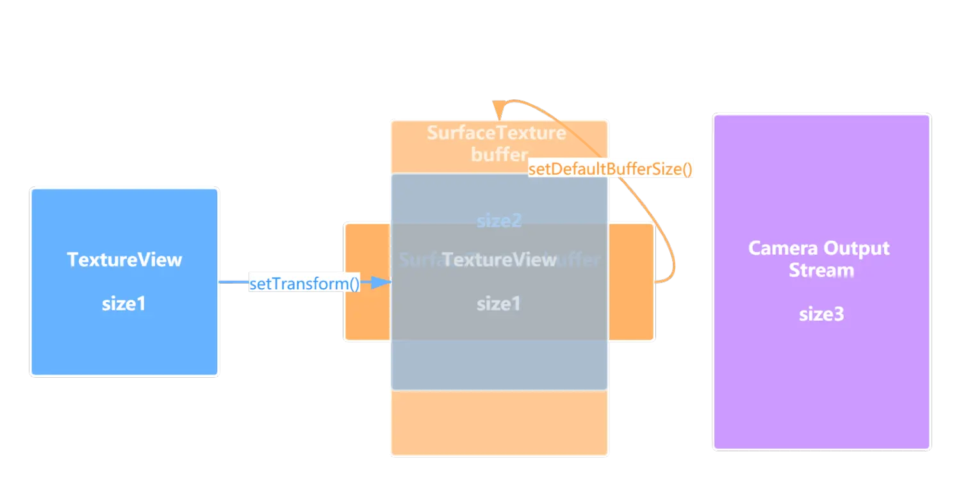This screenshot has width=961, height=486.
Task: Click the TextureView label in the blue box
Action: pyautogui.click(x=124, y=259)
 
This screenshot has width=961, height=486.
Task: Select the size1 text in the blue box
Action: pyautogui.click(x=124, y=304)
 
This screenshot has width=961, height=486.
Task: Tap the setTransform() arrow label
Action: pyautogui.click(x=304, y=283)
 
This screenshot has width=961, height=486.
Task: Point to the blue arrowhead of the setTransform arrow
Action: pyautogui.click(x=382, y=282)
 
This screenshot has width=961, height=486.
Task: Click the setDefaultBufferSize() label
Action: pyautogui.click(x=610, y=170)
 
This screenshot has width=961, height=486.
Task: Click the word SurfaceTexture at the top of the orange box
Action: pyautogui.click(x=497, y=133)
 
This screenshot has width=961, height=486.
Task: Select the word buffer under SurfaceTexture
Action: pyautogui.click(x=498, y=154)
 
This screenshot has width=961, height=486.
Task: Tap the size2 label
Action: pyautogui.click(x=499, y=221)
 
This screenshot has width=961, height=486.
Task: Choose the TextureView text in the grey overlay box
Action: pyautogui.click(x=499, y=259)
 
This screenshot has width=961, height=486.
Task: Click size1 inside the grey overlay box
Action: pyautogui.click(x=498, y=304)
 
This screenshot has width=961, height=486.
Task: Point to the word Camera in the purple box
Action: pyautogui.click(x=778, y=248)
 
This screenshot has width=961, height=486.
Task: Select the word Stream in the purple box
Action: pyautogui.click(x=821, y=270)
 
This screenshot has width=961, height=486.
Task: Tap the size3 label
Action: pyautogui.click(x=821, y=314)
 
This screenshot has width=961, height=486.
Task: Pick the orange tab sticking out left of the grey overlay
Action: pyautogui.click(x=367, y=314)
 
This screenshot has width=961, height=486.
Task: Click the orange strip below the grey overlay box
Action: pyautogui.click(x=499, y=423)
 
